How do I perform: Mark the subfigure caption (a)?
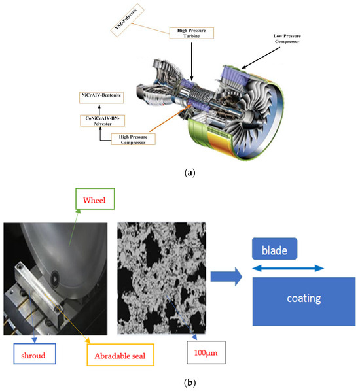tap(179, 173)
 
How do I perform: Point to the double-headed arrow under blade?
tap(288, 268)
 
